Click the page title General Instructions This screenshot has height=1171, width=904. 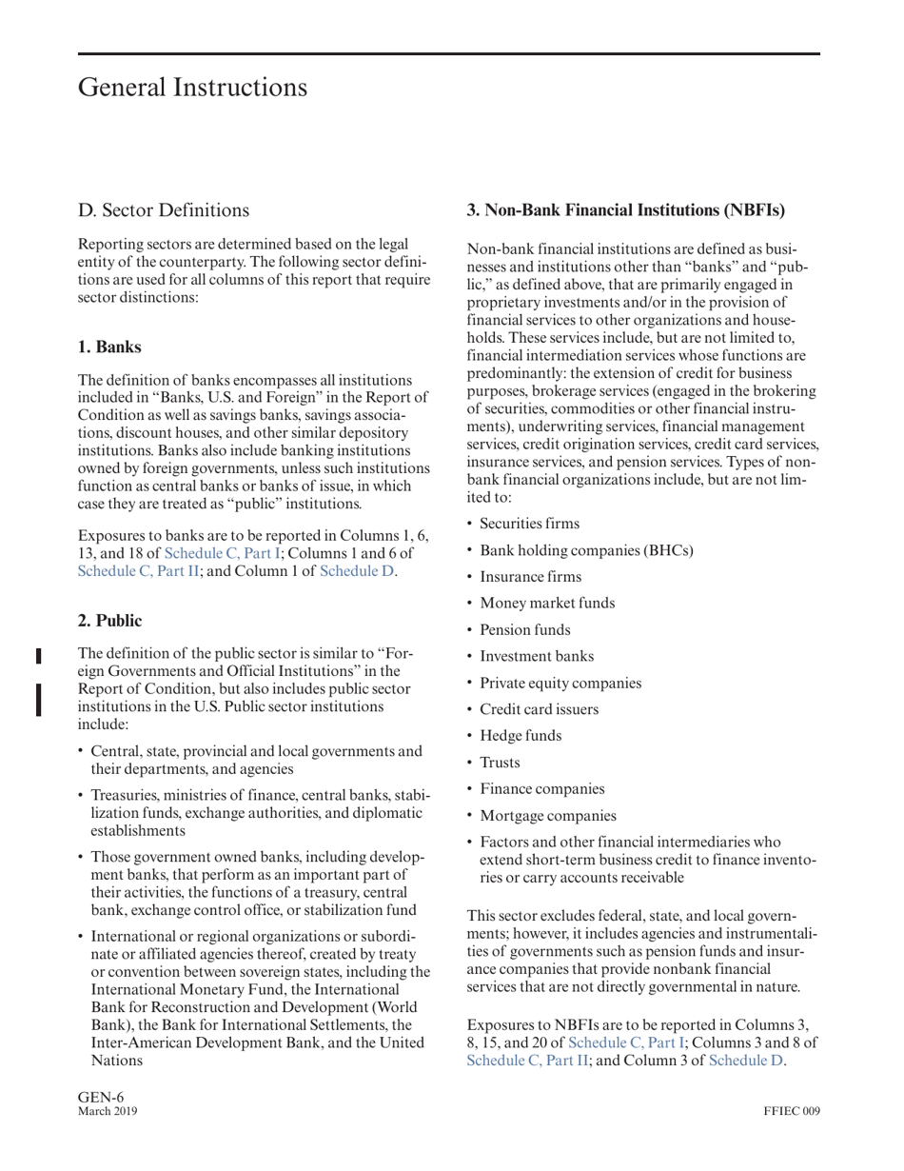click(x=192, y=88)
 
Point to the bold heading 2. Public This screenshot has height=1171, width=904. click(x=109, y=621)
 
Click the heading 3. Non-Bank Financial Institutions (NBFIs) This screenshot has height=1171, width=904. click(x=626, y=208)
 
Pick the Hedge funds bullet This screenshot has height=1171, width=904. click(x=521, y=736)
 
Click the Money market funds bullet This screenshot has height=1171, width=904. click(x=547, y=603)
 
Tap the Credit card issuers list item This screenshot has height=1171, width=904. click(x=540, y=709)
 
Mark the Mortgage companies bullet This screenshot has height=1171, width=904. click(x=547, y=816)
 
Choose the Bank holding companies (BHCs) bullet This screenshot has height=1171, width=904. click(x=586, y=550)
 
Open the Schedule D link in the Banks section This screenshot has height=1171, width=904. click(x=356, y=571)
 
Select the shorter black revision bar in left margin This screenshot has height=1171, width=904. click(x=39, y=655)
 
